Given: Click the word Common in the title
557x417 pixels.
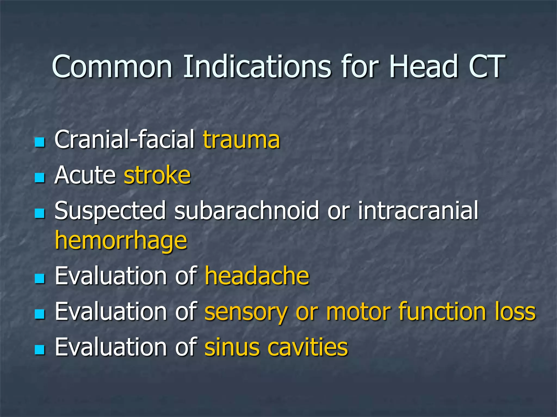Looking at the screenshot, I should [x=112, y=67].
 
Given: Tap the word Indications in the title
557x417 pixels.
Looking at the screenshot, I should [x=257, y=67].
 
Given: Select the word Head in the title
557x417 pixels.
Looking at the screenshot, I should [x=423, y=67].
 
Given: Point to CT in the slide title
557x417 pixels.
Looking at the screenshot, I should [x=487, y=67].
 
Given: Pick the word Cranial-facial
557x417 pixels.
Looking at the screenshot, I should [x=125, y=140].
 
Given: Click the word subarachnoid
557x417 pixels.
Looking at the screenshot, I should [x=246, y=211].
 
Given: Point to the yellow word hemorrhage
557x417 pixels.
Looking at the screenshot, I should [x=121, y=241].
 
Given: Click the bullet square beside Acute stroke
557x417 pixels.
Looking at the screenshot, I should [x=40, y=178].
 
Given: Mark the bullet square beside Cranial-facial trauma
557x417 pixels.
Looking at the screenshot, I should [x=40, y=142].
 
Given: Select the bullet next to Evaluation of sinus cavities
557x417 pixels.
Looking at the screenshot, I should [x=40, y=350].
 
